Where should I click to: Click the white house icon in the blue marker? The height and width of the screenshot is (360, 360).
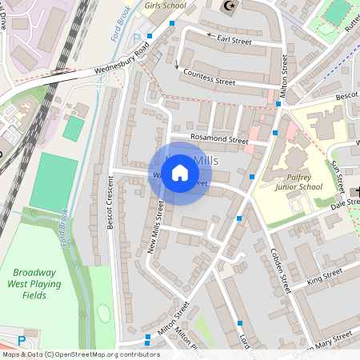180,173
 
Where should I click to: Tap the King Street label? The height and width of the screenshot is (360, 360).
324,278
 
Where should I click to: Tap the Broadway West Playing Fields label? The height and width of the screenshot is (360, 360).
34,283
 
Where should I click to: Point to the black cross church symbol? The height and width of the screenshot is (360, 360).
355,191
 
